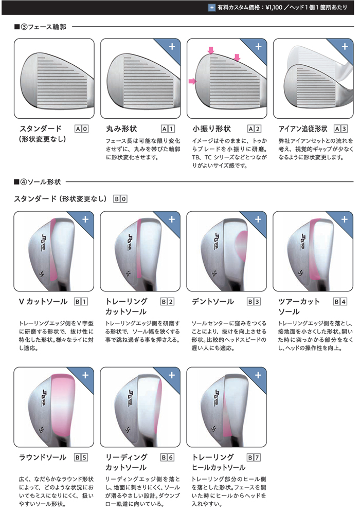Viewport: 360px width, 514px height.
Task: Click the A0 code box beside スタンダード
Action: (82, 129)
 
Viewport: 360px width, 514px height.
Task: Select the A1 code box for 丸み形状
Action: (168, 129)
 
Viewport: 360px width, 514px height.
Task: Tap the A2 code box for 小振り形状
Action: (254, 129)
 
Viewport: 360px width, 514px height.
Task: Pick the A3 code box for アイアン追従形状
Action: (340, 129)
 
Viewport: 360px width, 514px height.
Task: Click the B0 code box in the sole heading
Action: (120, 199)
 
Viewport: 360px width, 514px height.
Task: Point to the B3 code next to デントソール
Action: (254, 302)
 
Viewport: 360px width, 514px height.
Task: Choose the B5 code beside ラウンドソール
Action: (81, 457)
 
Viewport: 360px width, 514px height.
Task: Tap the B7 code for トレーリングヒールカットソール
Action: (254, 457)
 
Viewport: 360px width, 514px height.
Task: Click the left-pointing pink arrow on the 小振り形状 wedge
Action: (192, 81)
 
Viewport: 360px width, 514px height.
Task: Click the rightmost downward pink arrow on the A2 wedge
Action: (237, 58)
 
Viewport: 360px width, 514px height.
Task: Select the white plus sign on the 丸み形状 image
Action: (172, 47)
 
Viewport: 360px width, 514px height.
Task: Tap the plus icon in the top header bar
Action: (212, 7)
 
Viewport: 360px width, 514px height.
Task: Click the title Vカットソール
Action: (43, 302)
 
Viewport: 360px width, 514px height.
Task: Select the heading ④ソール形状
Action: (38, 182)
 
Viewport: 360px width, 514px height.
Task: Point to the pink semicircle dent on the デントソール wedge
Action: (241, 246)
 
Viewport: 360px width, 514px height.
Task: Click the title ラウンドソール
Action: (43, 457)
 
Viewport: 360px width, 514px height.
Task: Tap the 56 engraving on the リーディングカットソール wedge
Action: (127, 429)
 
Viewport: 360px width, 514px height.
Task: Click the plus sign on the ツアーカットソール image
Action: (344, 219)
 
